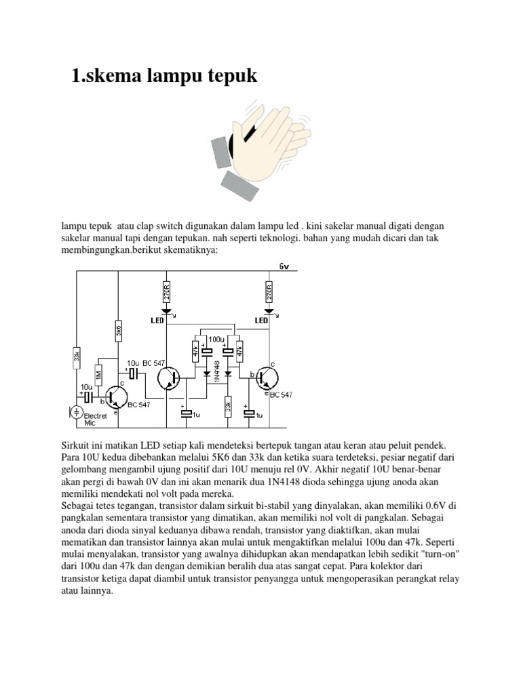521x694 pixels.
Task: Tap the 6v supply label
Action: click(x=284, y=266)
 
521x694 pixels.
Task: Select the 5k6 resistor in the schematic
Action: click(x=118, y=332)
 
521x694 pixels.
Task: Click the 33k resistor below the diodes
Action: click(x=229, y=407)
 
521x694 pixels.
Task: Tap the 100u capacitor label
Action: click(x=217, y=338)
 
